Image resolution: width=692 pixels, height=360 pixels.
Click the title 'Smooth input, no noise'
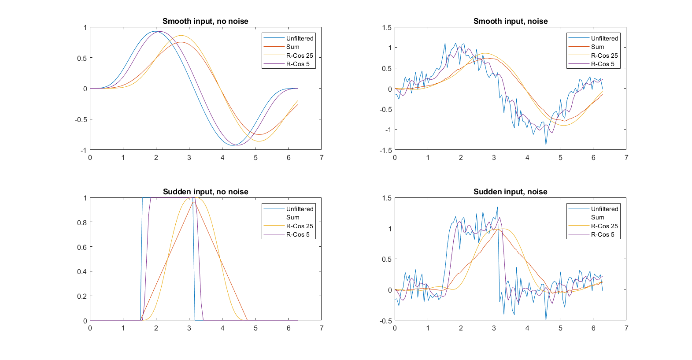205,21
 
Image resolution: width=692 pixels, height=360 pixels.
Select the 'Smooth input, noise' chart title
510,21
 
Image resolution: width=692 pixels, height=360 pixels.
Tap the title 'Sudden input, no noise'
205,192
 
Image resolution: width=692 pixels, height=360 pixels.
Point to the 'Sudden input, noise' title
510,192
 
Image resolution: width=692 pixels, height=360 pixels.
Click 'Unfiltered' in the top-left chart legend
300,38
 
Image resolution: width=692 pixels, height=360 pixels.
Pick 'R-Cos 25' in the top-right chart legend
604,56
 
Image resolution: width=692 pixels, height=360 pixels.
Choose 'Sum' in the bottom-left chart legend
292,217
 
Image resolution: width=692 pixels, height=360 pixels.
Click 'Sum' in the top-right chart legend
597,47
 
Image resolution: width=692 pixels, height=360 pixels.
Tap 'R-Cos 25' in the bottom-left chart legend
300,226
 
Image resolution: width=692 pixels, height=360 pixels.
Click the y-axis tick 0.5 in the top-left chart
82,58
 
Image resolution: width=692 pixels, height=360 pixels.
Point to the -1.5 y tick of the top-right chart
386,150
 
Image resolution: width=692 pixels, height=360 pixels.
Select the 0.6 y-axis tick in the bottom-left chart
82,247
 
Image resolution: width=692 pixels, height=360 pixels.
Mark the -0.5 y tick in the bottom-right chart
386,321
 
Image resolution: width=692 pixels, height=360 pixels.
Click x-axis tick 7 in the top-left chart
321,158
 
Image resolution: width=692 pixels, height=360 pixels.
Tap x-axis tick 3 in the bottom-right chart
494,328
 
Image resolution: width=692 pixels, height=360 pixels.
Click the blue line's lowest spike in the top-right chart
546,144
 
